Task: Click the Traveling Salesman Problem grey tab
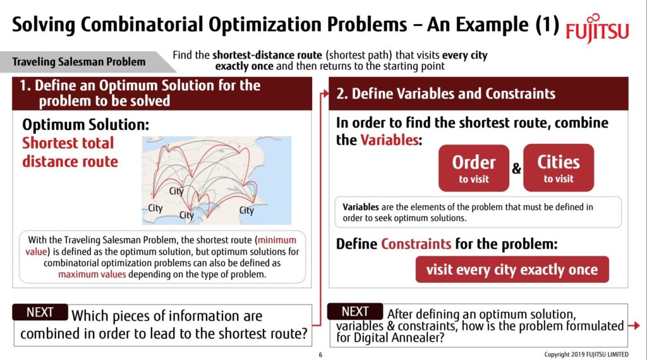pyautogui.click(x=80, y=62)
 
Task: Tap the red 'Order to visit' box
pyautogui.click(x=473, y=168)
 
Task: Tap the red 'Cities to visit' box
pyautogui.click(x=559, y=168)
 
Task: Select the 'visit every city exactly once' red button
pyautogui.click(x=512, y=270)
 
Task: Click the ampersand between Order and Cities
pyautogui.click(x=516, y=169)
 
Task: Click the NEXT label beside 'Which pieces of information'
pyautogui.click(x=40, y=312)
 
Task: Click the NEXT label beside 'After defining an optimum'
pyautogui.click(x=355, y=311)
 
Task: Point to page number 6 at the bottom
pyautogui.click(x=320, y=354)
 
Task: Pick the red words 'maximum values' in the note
pyautogui.click(x=88, y=274)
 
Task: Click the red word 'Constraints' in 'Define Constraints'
pyautogui.click(x=416, y=244)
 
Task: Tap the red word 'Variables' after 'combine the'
pyautogui.click(x=389, y=140)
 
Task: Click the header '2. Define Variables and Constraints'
pyautogui.click(x=446, y=94)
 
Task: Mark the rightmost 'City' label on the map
pyautogui.click(x=246, y=210)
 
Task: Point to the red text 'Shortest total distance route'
pyautogui.click(x=70, y=152)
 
